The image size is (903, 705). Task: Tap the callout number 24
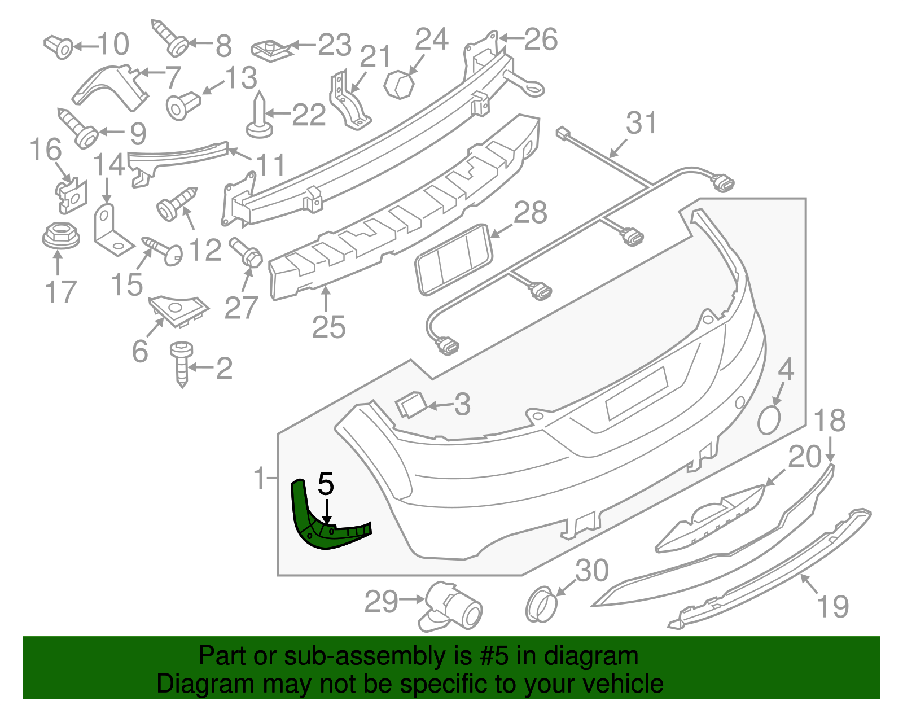(x=432, y=40)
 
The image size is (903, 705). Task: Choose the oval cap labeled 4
(x=769, y=421)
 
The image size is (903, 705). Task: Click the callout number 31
(x=642, y=124)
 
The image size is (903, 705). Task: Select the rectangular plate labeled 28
(x=453, y=259)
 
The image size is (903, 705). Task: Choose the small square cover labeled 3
(x=410, y=404)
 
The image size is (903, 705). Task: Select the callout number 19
(x=832, y=607)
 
